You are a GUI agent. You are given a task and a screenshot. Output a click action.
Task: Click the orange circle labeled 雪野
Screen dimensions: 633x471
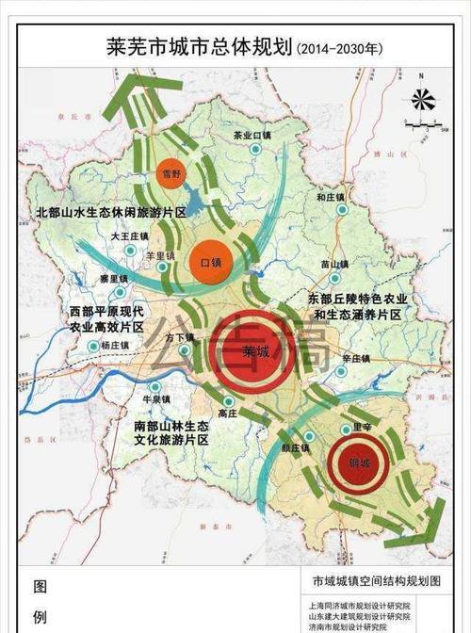click(170, 174)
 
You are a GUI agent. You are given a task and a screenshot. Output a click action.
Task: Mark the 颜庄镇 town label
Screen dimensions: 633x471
click(295, 447)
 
